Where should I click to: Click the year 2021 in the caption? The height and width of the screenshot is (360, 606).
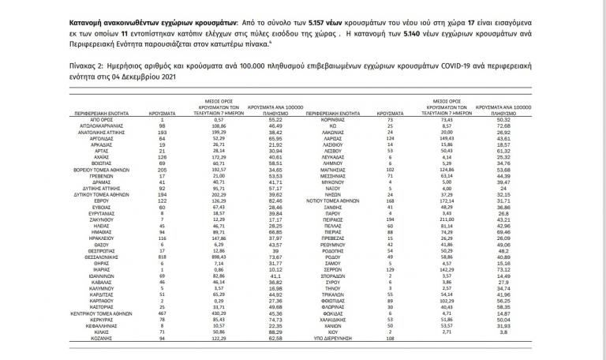tap(165, 81)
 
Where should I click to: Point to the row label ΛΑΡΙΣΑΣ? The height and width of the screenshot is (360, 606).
tap(380, 138)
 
